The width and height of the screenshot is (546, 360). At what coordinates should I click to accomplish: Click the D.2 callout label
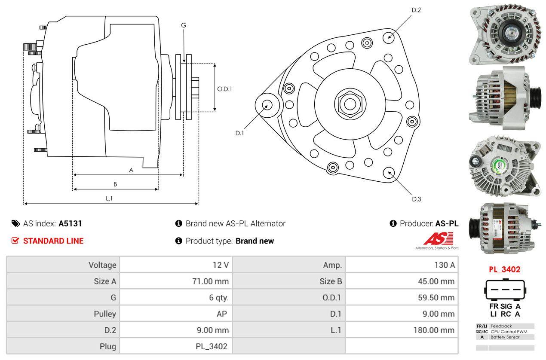[416, 10]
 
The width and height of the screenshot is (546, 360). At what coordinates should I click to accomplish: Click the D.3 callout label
[416, 199]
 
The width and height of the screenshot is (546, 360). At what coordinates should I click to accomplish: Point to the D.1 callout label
[239, 133]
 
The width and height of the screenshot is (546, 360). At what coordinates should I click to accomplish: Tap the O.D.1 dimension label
[224, 89]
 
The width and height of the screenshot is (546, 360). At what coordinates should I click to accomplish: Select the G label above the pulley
[184, 25]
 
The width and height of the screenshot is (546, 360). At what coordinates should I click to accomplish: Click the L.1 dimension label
[109, 198]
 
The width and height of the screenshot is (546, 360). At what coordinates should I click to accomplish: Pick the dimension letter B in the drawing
[115, 184]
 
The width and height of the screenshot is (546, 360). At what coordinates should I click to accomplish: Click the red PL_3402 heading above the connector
[504, 270]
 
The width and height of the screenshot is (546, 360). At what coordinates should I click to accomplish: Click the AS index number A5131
[70, 223]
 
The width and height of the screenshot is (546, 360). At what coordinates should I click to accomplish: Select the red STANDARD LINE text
[53, 241]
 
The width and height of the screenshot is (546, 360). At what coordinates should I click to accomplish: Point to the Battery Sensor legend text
[505, 337]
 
